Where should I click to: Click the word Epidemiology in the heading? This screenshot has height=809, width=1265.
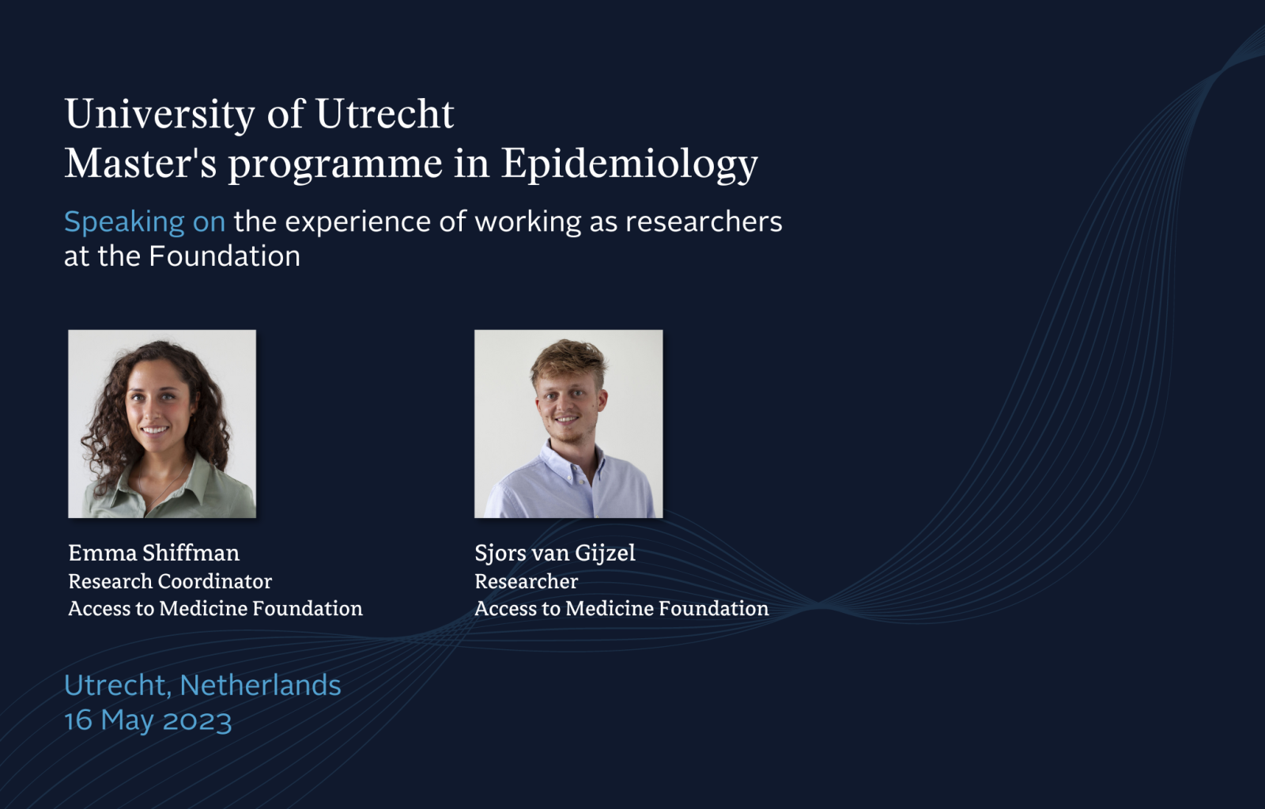tap(629, 164)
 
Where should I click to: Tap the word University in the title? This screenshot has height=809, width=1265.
tap(160, 115)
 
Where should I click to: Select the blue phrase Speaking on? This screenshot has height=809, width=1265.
tap(145, 222)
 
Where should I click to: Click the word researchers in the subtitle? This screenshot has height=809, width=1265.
tap(704, 221)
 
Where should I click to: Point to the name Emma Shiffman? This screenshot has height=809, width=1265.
tap(153, 553)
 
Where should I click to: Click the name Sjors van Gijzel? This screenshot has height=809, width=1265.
tap(554, 554)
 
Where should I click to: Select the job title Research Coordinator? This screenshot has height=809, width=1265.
tap(170, 581)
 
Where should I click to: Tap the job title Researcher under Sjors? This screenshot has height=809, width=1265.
tap(526, 581)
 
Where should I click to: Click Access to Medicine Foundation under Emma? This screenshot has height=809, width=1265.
tap(215, 608)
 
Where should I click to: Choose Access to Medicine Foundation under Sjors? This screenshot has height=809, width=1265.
tap(621, 608)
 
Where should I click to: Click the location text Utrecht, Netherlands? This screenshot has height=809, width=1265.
tap(202, 686)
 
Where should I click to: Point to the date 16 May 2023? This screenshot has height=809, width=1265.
tap(148, 721)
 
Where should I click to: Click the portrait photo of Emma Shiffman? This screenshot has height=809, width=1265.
tap(162, 424)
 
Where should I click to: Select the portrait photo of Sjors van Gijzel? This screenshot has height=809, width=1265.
tap(568, 424)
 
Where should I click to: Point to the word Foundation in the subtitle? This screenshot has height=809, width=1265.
tap(225, 256)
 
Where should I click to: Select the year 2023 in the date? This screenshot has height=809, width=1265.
tap(197, 722)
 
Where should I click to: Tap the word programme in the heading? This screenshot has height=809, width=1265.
tap(335, 165)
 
